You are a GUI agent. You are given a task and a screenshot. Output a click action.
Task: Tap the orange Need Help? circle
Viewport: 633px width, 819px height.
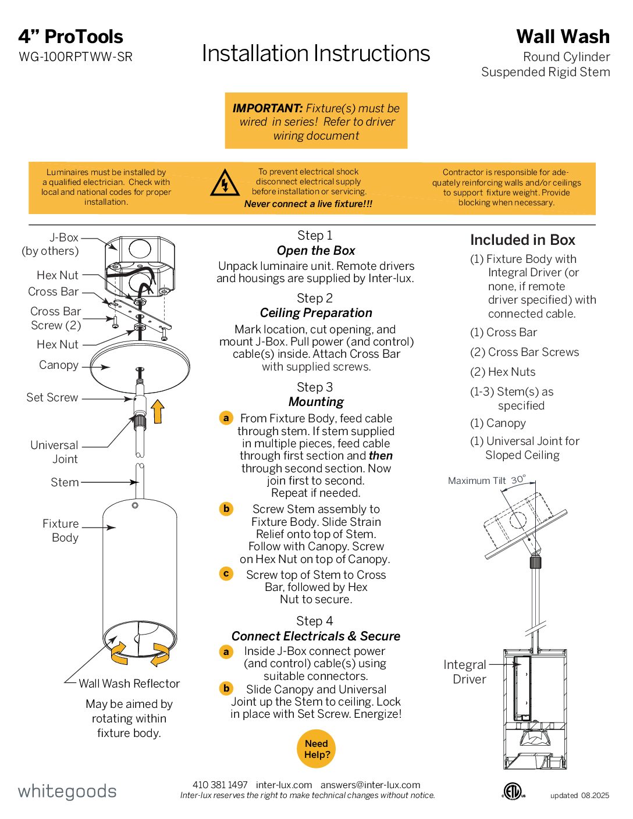tap(316, 749)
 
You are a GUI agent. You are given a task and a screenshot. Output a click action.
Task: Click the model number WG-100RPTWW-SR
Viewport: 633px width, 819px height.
tap(76, 57)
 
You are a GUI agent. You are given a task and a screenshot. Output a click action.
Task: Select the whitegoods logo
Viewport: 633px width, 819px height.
tap(67, 791)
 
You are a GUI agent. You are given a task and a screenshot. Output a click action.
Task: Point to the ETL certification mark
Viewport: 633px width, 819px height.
tap(513, 791)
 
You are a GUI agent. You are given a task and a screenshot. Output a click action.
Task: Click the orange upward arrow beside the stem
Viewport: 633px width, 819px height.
tap(158, 411)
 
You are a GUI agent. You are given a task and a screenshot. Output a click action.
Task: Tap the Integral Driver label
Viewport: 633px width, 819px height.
tap(464, 672)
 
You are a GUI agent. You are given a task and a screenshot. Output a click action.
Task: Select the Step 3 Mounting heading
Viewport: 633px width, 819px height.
tap(315, 394)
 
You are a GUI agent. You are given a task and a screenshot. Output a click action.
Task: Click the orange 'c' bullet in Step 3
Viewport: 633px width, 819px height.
tap(226, 574)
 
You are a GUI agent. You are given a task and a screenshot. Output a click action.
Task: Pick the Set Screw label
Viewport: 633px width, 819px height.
tap(52, 397)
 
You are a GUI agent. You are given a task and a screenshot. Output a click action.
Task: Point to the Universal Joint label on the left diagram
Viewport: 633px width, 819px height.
tap(54, 452)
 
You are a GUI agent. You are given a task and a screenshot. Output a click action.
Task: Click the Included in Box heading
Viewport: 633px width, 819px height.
tap(522, 240)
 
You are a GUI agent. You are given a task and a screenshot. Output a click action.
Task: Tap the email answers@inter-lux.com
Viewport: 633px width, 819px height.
tap(370, 785)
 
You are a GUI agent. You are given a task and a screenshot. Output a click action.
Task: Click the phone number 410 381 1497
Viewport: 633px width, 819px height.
tap(220, 785)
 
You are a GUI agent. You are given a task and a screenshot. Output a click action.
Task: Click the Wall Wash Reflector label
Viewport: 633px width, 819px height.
tap(129, 683)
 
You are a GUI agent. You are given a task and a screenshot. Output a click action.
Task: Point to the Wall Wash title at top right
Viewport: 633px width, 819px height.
tap(563, 37)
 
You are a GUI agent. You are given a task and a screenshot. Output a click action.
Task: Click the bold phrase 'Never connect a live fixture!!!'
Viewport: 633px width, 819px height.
tap(308, 204)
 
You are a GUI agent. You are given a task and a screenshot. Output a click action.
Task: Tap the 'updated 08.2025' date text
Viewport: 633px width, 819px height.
tap(579, 795)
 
